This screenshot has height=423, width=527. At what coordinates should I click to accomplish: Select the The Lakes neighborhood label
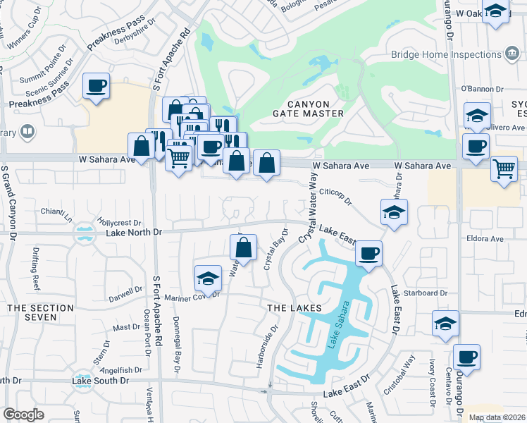(294, 308)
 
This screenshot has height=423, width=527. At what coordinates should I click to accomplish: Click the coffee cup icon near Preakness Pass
(96, 86)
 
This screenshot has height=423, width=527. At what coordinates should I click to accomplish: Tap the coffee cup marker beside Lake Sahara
(368, 254)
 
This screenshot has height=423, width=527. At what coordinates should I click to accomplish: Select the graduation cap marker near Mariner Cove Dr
(208, 279)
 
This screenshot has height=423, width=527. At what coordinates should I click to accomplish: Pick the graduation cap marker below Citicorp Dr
(394, 211)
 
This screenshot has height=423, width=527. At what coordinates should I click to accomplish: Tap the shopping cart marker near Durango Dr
(504, 168)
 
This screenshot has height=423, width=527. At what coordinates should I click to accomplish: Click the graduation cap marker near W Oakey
(496, 11)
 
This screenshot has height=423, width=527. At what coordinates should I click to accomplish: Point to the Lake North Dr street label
(134, 232)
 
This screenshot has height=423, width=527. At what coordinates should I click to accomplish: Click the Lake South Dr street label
(101, 381)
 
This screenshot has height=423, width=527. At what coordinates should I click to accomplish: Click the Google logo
(23, 415)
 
